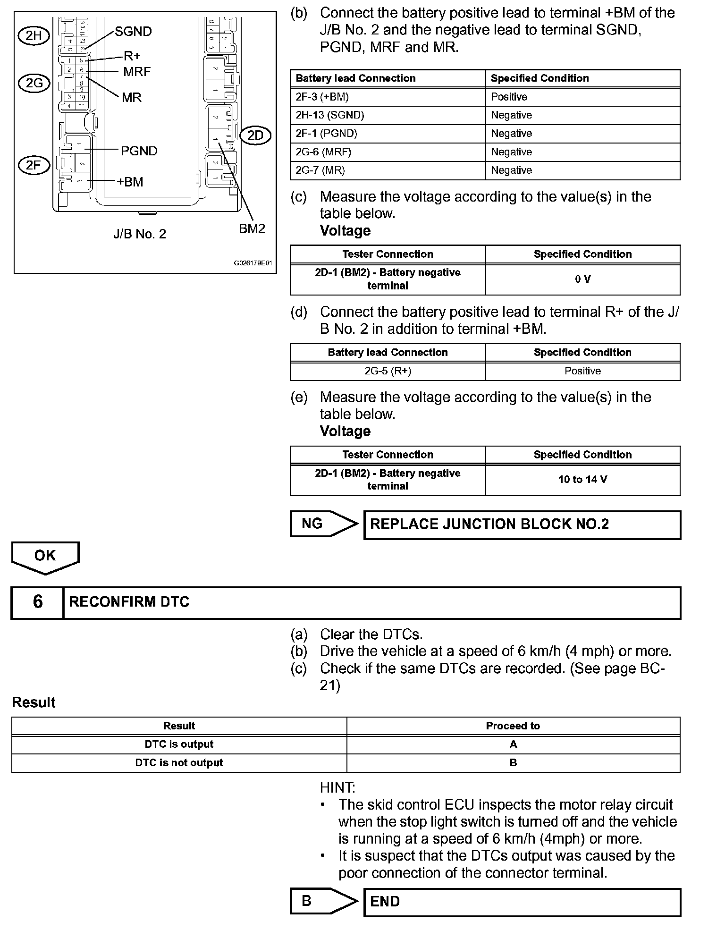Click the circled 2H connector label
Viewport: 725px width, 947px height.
(34, 36)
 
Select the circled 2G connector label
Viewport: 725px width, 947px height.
(34, 84)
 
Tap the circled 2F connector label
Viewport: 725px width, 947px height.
(34, 165)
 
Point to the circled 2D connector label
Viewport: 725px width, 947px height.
(255, 136)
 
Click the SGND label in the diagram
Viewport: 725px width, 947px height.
(134, 32)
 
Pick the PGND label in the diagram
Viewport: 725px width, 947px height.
(139, 151)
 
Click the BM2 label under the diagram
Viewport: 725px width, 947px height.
(252, 228)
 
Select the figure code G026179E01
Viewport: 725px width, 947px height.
(253, 263)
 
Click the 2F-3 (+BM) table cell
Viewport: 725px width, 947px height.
(388, 97)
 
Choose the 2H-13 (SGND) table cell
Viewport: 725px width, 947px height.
(388, 115)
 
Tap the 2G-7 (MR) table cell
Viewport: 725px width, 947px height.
(388, 170)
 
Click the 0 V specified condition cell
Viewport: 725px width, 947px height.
(583, 279)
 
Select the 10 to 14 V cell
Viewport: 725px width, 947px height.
(583, 480)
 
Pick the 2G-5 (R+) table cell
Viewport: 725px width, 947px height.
(388, 371)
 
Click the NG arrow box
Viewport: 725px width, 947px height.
(324, 524)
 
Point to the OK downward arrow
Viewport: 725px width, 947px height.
(45, 557)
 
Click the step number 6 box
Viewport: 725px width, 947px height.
(38, 602)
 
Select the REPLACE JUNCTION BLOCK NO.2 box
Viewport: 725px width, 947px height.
(522, 524)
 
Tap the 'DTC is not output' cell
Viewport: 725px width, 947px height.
(179, 762)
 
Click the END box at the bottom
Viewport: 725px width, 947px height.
(522, 902)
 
